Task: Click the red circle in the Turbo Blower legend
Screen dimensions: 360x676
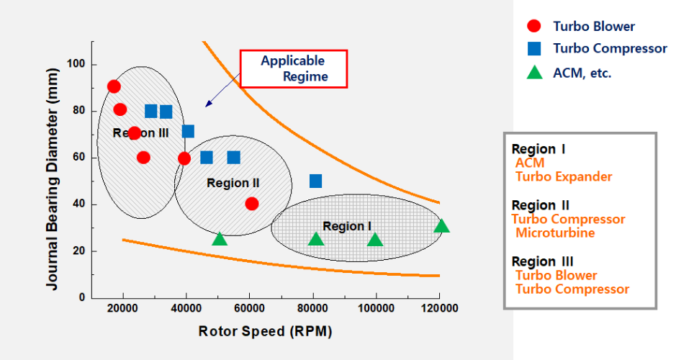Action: (x=533, y=27)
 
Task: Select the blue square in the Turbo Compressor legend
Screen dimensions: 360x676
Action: (x=533, y=49)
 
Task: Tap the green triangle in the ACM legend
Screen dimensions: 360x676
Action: (x=533, y=72)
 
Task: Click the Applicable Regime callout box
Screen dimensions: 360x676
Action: (x=293, y=68)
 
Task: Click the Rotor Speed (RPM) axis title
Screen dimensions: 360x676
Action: (x=265, y=331)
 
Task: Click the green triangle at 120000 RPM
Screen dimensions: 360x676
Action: (x=441, y=226)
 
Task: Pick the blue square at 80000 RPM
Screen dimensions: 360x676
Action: (x=315, y=181)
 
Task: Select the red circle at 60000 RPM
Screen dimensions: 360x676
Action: (x=251, y=204)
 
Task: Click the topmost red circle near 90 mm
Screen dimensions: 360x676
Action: (x=113, y=86)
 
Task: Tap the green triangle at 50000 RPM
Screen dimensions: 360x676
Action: (x=220, y=238)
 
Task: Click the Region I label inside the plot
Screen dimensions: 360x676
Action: (x=347, y=226)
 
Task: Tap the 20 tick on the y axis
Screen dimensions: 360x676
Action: (x=80, y=251)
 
